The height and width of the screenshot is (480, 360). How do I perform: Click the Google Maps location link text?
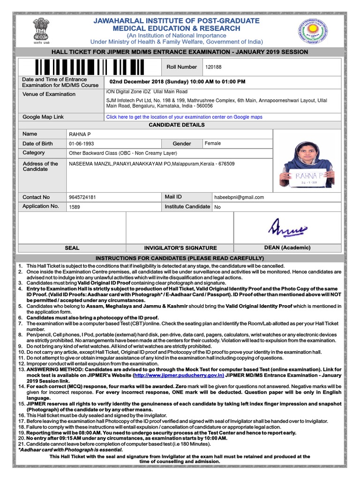(184, 117)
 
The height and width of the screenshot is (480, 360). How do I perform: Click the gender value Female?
(212, 143)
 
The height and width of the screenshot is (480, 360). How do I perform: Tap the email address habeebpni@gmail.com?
(239, 197)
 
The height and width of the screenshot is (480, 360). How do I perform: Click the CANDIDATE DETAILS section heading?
(177, 125)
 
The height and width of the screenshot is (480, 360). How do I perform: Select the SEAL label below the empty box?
(72, 248)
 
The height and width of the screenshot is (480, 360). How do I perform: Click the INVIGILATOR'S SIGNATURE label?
(180, 248)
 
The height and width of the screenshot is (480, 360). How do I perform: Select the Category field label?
(34, 153)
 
